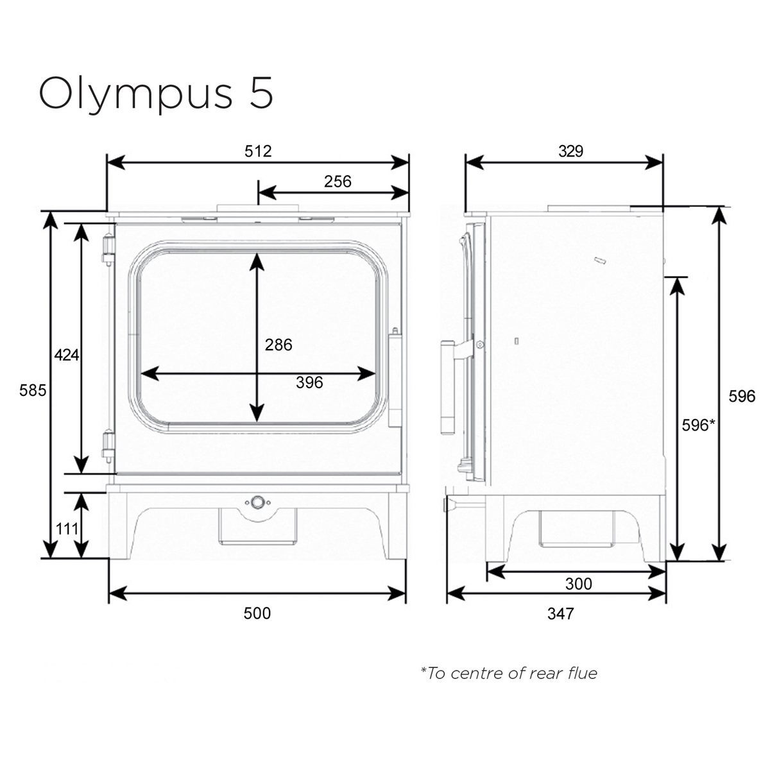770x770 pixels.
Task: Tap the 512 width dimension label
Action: pyautogui.click(x=258, y=151)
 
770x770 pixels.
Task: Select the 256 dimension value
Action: pyautogui.click(x=338, y=182)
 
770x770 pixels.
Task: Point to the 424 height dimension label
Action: pyautogui.click(x=67, y=354)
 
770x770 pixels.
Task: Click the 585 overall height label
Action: pyautogui.click(x=33, y=389)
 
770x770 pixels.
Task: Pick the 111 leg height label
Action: pyautogui.click(x=67, y=529)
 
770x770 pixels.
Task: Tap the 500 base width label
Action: pyautogui.click(x=257, y=613)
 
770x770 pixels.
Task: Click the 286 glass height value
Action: pyautogui.click(x=278, y=345)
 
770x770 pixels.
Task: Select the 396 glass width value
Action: pyautogui.click(x=309, y=383)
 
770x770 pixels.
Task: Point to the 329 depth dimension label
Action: pyautogui.click(x=570, y=151)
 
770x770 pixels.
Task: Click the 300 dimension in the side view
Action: pyautogui.click(x=578, y=584)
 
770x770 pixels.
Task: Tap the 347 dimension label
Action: pyautogui.click(x=560, y=614)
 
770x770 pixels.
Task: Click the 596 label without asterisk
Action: pyautogui.click(x=742, y=397)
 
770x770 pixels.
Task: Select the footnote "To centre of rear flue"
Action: pyautogui.click(x=509, y=673)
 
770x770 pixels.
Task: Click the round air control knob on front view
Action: pyautogui.click(x=257, y=502)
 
